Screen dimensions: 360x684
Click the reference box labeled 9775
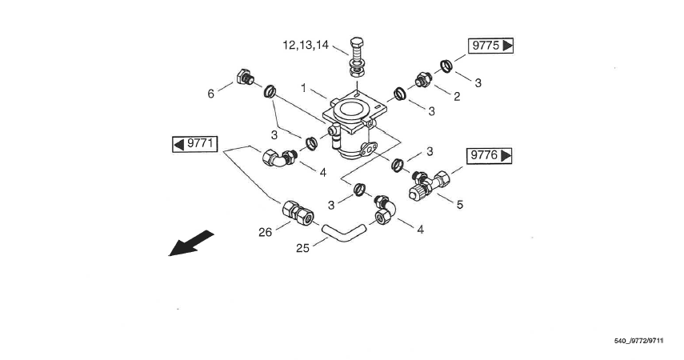[490, 46]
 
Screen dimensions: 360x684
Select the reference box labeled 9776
[490, 155]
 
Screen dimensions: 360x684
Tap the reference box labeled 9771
[195, 144]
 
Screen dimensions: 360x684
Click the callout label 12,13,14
[306, 46]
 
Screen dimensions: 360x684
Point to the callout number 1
[303, 86]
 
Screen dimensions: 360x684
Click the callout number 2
[457, 97]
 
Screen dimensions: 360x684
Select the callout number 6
[211, 94]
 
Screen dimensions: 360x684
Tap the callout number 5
[459, 205]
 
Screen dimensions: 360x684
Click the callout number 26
[266, 231]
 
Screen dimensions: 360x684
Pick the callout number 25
[302, 248]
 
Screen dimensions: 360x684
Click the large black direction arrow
[191, 244]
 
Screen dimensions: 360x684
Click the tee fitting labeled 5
[426, 185]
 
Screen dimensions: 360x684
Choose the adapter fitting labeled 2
[422, 82]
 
